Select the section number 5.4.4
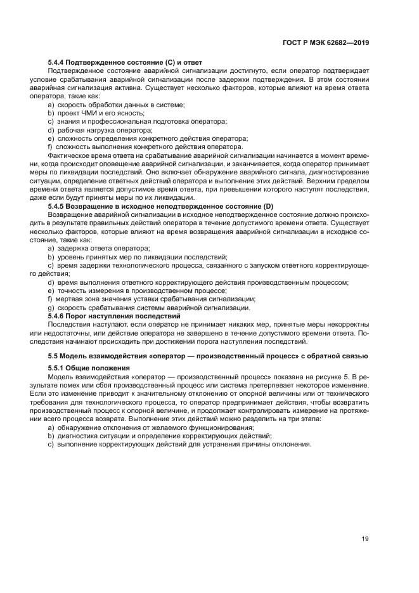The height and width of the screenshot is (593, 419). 58,63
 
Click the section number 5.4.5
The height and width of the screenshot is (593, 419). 58,207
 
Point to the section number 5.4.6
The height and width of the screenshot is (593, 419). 58,316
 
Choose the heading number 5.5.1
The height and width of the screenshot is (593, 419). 58,368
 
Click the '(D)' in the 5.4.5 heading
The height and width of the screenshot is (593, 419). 268,207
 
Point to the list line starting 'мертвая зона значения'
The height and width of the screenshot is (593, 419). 156,299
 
